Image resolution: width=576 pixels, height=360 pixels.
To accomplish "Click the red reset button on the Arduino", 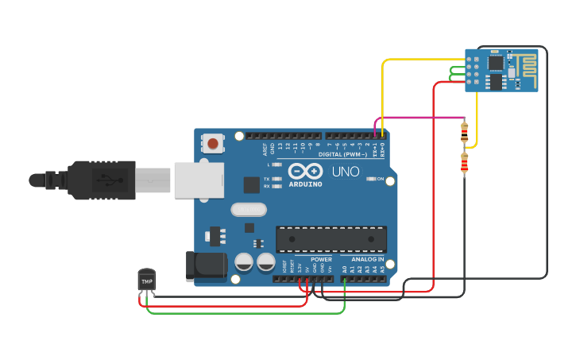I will point(213,144).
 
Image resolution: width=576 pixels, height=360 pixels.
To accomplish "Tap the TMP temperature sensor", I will point(147,281).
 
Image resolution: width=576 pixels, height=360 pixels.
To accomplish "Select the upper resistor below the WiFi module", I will point(464,132).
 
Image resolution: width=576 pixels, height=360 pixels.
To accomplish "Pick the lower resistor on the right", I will point(464,165).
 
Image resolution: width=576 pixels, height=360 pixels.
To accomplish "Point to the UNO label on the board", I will point(346,172).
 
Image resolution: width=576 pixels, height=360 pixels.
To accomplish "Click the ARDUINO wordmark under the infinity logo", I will point(305,184).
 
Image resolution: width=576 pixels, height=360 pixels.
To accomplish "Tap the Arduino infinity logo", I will point(305,171).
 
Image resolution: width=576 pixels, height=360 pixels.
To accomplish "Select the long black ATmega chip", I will point(331,239).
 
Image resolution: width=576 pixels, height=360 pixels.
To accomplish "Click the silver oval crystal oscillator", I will point(249,210).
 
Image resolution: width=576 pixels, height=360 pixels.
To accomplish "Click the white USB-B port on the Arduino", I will point(194,180).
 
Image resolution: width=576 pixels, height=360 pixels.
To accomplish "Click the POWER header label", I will point(322,259).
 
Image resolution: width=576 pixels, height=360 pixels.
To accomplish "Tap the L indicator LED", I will point(276,165).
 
